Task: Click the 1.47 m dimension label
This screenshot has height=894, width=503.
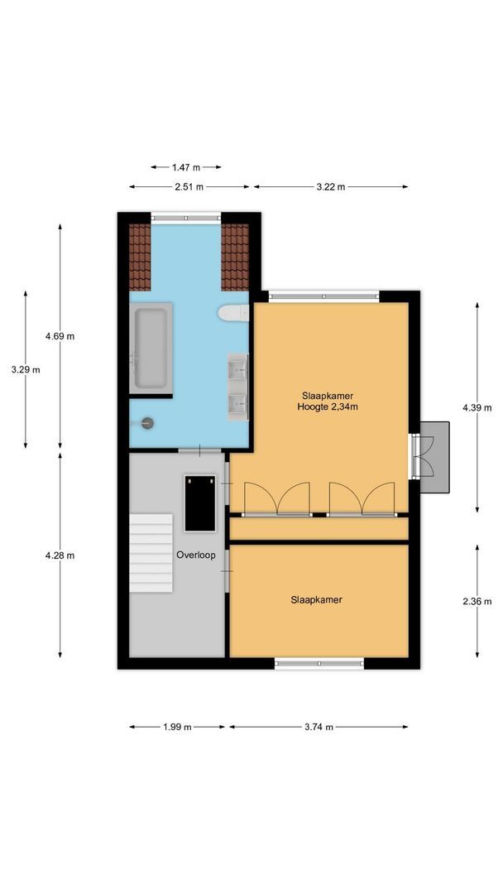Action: (185, 167)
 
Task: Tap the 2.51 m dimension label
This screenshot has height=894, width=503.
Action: (189, 187)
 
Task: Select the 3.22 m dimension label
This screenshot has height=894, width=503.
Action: (330, 187)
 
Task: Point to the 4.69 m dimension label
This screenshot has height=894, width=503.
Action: (60, 336)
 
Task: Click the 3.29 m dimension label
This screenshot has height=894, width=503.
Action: (26, 370)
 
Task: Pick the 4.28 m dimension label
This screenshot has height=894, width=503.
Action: (60, 555)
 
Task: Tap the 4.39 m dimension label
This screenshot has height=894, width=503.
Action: (477, 406)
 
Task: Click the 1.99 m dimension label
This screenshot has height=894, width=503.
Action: (177, 727)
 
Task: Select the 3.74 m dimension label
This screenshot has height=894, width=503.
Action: (319, 727)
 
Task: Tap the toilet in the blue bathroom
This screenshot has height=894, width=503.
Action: (232, 313)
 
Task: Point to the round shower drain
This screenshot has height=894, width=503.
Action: (148, 423)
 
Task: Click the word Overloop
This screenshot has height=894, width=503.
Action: (195, 555)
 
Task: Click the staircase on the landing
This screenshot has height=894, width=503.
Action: (151, 551)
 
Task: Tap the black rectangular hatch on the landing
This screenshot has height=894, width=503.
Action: (199, 503)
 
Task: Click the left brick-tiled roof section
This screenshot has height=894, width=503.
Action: (140, 257)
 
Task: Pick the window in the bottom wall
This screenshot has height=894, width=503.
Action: (319, 662)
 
